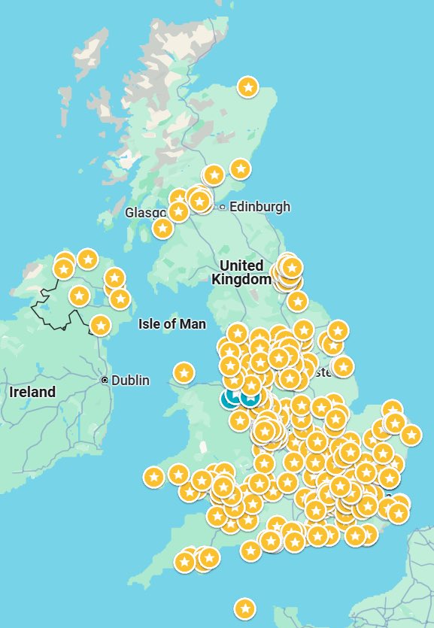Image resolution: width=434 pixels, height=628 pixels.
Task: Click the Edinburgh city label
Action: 259,207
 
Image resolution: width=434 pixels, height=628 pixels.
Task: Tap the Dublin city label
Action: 130,381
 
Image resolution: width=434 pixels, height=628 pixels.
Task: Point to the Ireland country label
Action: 32,392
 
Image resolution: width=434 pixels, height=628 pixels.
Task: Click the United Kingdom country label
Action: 241,272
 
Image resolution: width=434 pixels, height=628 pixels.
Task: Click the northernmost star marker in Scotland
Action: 248,86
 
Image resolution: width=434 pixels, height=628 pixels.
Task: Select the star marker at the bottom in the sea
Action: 244,608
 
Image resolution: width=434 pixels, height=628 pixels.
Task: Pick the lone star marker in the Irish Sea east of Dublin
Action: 184,372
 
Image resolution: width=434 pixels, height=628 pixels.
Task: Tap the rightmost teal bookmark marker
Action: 250,396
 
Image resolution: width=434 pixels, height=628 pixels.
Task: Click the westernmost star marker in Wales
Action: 153,476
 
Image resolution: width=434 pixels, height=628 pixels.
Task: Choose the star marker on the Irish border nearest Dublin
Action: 99,325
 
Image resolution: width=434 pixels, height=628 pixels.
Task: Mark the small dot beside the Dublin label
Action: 105,381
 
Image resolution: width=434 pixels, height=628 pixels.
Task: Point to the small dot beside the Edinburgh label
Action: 223,207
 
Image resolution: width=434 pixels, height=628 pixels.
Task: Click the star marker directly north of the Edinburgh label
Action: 240,168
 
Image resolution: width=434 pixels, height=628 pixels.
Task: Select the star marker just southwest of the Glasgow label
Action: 162,227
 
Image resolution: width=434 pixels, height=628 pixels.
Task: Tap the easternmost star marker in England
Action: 411,434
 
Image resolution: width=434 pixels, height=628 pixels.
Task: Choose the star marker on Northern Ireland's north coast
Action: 88,259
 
